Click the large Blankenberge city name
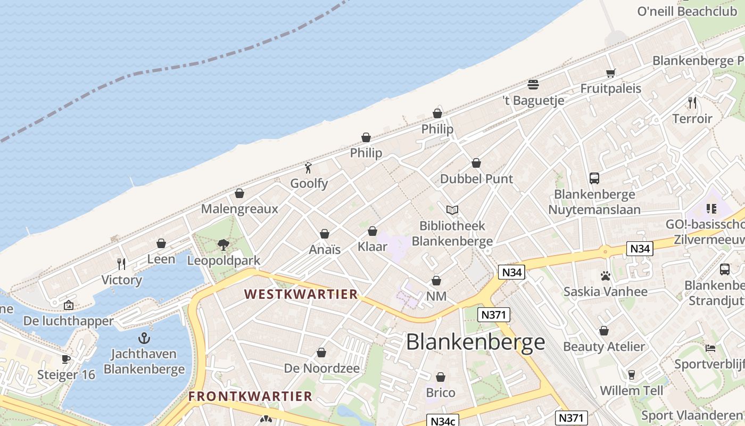click(x=475, y=342)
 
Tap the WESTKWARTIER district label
click(x=301, y=294)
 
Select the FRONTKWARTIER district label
click(x=250, y=396)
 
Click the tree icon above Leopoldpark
click(x=223, y=245)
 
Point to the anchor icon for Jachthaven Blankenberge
click(x=144, y=338)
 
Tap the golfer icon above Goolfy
click(x=309, y=168)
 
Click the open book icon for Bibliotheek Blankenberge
click(x=452, y=210)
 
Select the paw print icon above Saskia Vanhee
click(x=605, y=276)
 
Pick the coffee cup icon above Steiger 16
click(x=66, y=359)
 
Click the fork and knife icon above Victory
click(x=122, y=264)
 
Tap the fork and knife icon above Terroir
click(x=692, y=102)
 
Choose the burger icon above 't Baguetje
click(x=533, y=84)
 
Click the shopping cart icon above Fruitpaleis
click(x=610, y=73)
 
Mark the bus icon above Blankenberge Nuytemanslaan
click(x=594, y=178)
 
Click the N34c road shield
click(x=443, y=421)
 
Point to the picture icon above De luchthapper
click(x=69, y=305)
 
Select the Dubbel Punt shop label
click(x=476, y=179)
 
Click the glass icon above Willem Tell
click(x=632, y=375)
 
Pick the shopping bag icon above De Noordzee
click(x=321, y=353)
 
